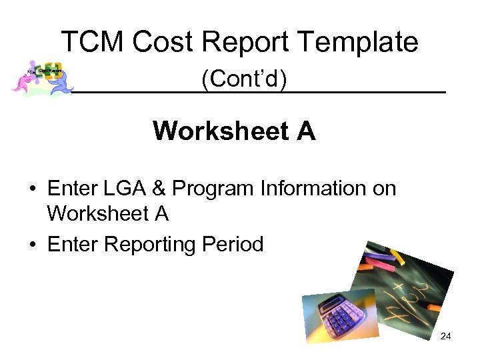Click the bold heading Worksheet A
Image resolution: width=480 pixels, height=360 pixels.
pos(234,131)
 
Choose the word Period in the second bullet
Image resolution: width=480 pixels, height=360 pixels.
pos(233,244)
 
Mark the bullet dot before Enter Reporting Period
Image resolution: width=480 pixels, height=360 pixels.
pos(32,245)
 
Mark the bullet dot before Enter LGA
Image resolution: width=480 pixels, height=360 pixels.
pos(32,189)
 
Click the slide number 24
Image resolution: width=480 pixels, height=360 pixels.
pos(445,336)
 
